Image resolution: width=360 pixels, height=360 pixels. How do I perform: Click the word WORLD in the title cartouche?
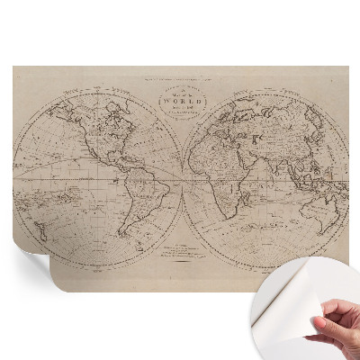point(181,103)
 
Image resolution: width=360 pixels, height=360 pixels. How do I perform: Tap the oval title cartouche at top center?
point(181,102)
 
